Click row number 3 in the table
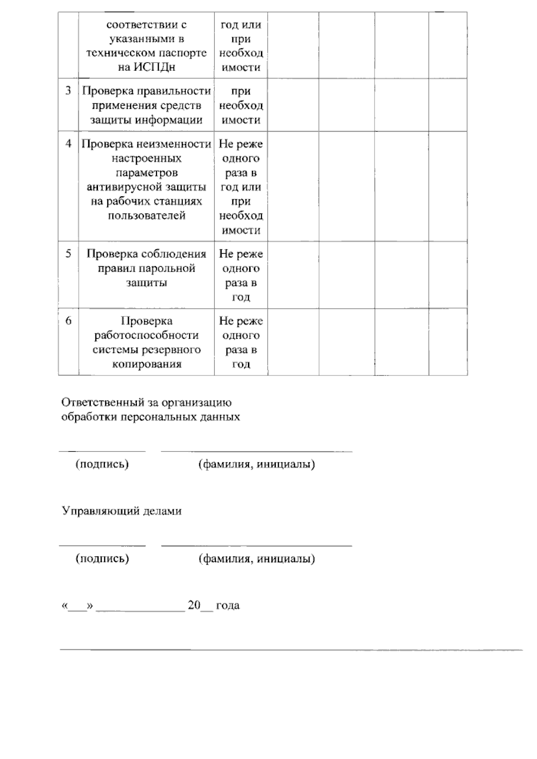[x=68, y=91]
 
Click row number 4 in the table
[x=68, y=144]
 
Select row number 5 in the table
[x=68, y=254]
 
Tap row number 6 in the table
[x=68, y=320]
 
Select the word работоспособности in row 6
[x=146, y=335]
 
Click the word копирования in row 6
[x=146, y=364]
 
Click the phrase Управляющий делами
[x=121, y=511]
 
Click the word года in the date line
[x=227, y=605]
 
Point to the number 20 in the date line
[x=194, y=605]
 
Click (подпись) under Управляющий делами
[x=102, y=559]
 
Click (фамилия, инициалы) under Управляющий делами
[x=256, y=559]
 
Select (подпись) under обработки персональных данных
[x=102, y=464]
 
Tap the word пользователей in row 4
[x=146, y=216]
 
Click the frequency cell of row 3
[x=241, y=106]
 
